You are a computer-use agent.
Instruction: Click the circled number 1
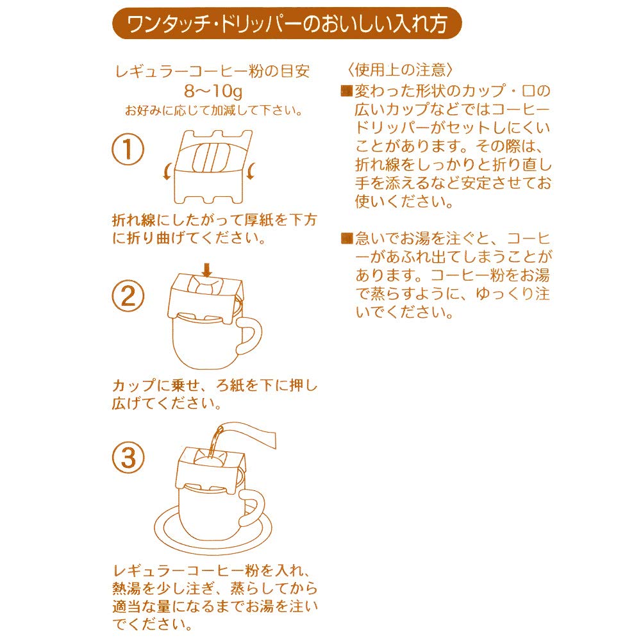point(128,149)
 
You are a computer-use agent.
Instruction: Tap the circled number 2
point(128,296)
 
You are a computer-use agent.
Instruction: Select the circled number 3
point(128,458)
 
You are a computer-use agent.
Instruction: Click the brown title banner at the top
point(287,23)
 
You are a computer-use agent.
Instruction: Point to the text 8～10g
point(213,91)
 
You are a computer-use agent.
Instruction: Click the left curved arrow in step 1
point(167,171)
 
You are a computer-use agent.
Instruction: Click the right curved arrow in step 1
point(251,171)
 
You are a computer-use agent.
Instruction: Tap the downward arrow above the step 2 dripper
point(207,271)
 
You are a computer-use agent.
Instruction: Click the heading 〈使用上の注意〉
point(400,70)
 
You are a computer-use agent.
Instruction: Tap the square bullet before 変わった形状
point(347,90)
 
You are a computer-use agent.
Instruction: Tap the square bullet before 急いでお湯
point(347,238)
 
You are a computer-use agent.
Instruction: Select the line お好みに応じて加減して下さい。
point(213,110)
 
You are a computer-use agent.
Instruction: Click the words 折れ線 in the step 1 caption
point(134,220)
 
